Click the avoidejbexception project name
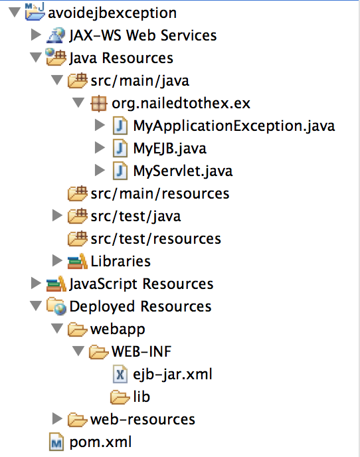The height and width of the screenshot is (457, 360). coord(112,13)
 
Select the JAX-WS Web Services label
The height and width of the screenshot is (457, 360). coord(143,36)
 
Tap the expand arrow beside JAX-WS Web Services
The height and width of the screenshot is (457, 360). coord(36,35)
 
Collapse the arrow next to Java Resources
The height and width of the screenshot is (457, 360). coord(36,57)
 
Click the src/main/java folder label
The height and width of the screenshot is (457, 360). coord(140,81)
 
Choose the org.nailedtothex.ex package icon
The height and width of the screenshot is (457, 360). coord(99,104)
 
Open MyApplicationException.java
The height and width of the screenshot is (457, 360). coord(234,126)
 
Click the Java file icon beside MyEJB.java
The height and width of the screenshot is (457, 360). coord(120,148)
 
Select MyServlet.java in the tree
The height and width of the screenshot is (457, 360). coord(183,171)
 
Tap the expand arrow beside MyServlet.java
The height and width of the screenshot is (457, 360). coord(100,171)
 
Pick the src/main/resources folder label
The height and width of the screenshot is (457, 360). coord(160,194)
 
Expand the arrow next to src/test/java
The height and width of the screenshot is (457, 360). coord(57,216)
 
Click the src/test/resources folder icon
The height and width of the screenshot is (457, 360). coord(78,238)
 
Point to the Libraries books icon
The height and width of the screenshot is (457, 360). coord(78,260)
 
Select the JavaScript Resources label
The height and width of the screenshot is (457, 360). coord(141,284)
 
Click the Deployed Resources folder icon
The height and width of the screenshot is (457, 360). coord(56,306)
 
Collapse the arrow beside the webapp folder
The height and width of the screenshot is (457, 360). coord(57,328)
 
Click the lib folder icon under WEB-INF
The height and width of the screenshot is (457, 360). coord(120,397)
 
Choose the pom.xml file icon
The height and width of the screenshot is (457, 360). coord(56,442)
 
